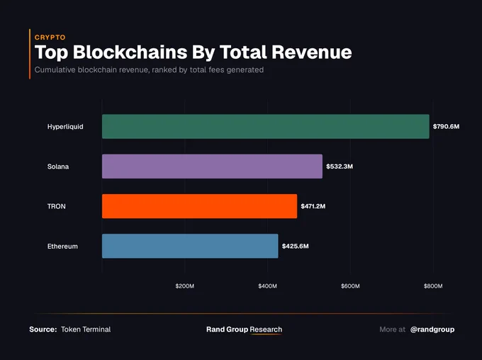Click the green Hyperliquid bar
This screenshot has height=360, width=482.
(266, 126)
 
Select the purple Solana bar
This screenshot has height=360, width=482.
(212, 167)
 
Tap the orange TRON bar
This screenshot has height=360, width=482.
(199, 206)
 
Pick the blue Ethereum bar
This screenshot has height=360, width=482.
(190, 246)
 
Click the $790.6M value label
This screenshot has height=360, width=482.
(446, 126)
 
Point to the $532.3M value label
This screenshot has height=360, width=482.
(340, 167)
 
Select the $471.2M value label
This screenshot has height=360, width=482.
(313, 206)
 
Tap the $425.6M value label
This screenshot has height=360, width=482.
(295, 246)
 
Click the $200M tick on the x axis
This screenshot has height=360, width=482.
(185, 286)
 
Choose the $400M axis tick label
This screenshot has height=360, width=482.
(267, 286)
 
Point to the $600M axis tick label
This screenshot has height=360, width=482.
(350, 286)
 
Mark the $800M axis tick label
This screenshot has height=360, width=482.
(433, 286)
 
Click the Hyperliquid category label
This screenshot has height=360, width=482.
(65, 127)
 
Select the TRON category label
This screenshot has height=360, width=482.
(56, 206)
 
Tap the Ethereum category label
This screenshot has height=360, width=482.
(62, 246)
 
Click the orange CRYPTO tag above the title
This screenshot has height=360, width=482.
(50, 37)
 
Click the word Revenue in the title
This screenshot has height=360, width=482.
(312, 52)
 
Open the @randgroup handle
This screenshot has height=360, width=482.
(432, 330)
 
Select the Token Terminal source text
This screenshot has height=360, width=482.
(86, 330)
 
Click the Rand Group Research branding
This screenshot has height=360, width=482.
(244, 330)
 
